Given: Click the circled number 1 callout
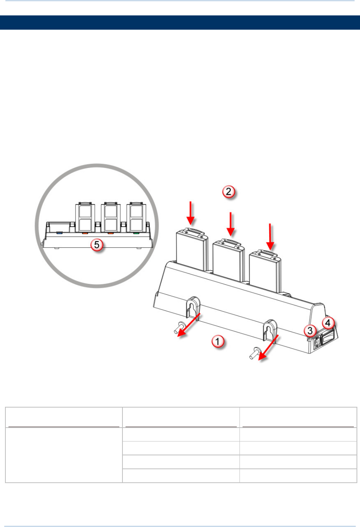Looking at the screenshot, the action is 218,341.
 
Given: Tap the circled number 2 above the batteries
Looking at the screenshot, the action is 228,192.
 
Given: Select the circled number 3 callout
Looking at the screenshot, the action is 310,330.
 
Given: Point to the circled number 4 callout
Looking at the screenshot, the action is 328,323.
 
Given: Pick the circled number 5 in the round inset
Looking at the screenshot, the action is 97,245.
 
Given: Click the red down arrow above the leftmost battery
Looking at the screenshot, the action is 191,213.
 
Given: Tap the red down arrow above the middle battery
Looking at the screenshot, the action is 231,224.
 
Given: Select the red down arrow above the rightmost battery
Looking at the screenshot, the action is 270,236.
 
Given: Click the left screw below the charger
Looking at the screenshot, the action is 179,327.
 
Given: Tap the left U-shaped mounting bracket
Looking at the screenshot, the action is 193,307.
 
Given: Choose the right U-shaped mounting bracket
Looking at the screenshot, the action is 270,329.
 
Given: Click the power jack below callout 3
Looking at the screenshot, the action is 317,342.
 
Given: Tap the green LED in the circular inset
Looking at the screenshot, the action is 136,233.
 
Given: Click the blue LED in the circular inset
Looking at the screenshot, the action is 59,233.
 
